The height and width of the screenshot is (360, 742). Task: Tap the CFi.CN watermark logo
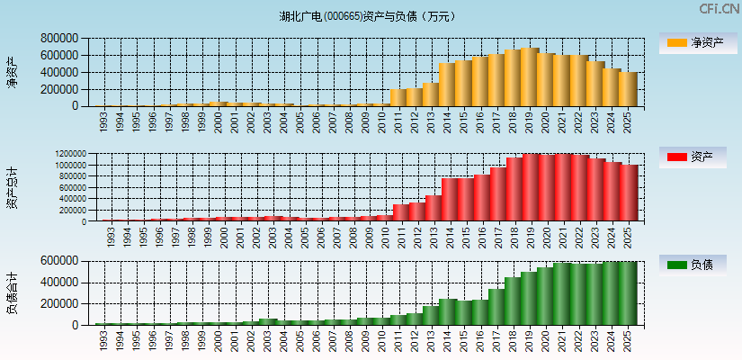click(x=719, y=9)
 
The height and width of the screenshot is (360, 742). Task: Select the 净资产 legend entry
click(x=695, y=43)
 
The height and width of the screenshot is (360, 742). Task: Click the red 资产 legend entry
click(x=695, y=157)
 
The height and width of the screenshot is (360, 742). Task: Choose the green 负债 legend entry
click(x=695, y=265)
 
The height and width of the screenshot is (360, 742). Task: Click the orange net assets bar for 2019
click(x=529, y=77)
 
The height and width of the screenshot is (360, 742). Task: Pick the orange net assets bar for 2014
click(x=447, y=85)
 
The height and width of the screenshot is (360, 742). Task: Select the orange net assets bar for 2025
click(x=627, y=89)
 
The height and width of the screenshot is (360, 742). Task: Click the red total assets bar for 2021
click(x=562, y=188)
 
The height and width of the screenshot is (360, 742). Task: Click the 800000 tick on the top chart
click(x=59, y=39)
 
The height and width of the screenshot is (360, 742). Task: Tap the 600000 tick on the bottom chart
click(x=59, y=261)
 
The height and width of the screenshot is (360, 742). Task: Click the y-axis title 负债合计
click(x=13, y=292)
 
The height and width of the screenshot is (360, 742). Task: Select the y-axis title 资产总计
click(x=13, y=188)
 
